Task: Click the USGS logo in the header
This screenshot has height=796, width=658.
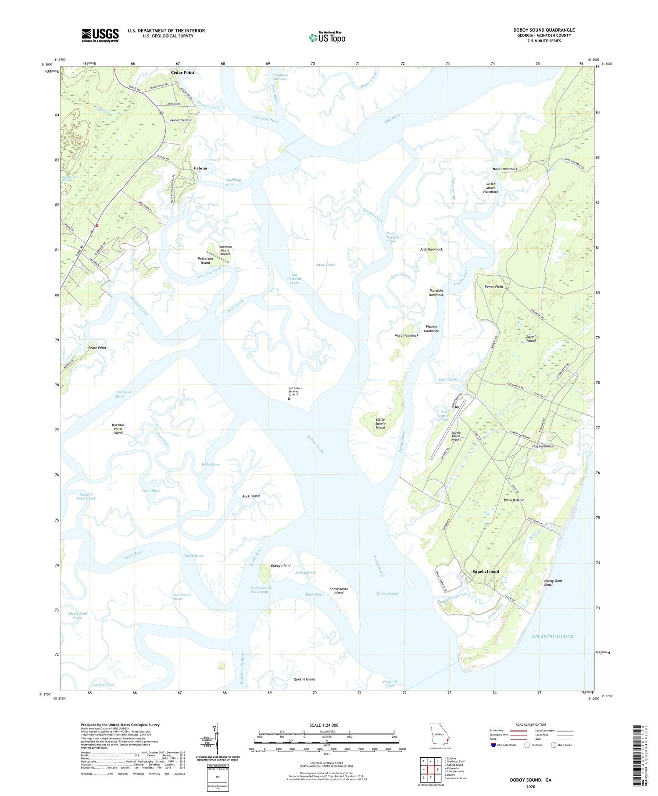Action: (100, 35)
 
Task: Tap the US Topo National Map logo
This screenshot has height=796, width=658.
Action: (327, 37)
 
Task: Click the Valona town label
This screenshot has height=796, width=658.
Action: (200, 168)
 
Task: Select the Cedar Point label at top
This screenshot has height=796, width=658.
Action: (182, 72)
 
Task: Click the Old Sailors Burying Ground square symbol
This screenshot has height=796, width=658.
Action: (289, 399)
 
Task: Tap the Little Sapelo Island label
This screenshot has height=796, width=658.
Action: (380, 423)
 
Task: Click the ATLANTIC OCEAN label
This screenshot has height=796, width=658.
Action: (552, 636)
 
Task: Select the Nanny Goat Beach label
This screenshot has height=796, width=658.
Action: (553, 583)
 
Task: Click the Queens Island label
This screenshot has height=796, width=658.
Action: (304, 679)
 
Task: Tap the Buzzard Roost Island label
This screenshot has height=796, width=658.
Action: (118, 429)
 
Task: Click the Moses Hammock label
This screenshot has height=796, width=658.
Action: (505, 169)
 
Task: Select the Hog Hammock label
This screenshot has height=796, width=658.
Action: (543, 446)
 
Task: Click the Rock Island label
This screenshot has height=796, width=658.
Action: (251, 496)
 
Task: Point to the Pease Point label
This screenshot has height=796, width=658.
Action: (97, 348)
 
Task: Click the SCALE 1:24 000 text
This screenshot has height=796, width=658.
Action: (324, 725)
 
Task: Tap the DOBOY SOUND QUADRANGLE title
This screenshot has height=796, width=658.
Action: (544, 30)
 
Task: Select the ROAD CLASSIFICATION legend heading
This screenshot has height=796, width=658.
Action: (531, 724)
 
